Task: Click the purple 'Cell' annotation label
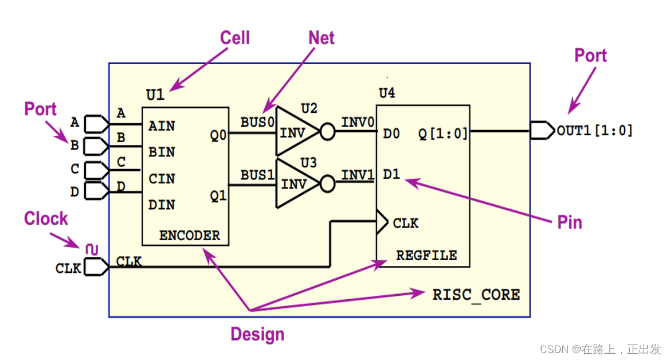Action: point(235,38)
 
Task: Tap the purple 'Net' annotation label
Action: point(322,38)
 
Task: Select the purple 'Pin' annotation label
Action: point(570,222)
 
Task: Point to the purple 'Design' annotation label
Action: point(257,334)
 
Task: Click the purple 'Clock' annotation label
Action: point(46,218)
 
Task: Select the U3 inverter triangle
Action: point(296,183)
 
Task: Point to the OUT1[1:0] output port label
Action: point(594,131)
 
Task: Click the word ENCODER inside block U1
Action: point(189,235)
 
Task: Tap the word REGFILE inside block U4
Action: point(426,255)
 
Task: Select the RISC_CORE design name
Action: point(476,295)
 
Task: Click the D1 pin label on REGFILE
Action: point(391,174)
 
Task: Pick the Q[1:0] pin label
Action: point(444,134)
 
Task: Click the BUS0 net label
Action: point(257,122)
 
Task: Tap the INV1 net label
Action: point(358,174)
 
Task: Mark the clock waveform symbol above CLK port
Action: point(91,249)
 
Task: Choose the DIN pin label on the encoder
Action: point(162,205)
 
